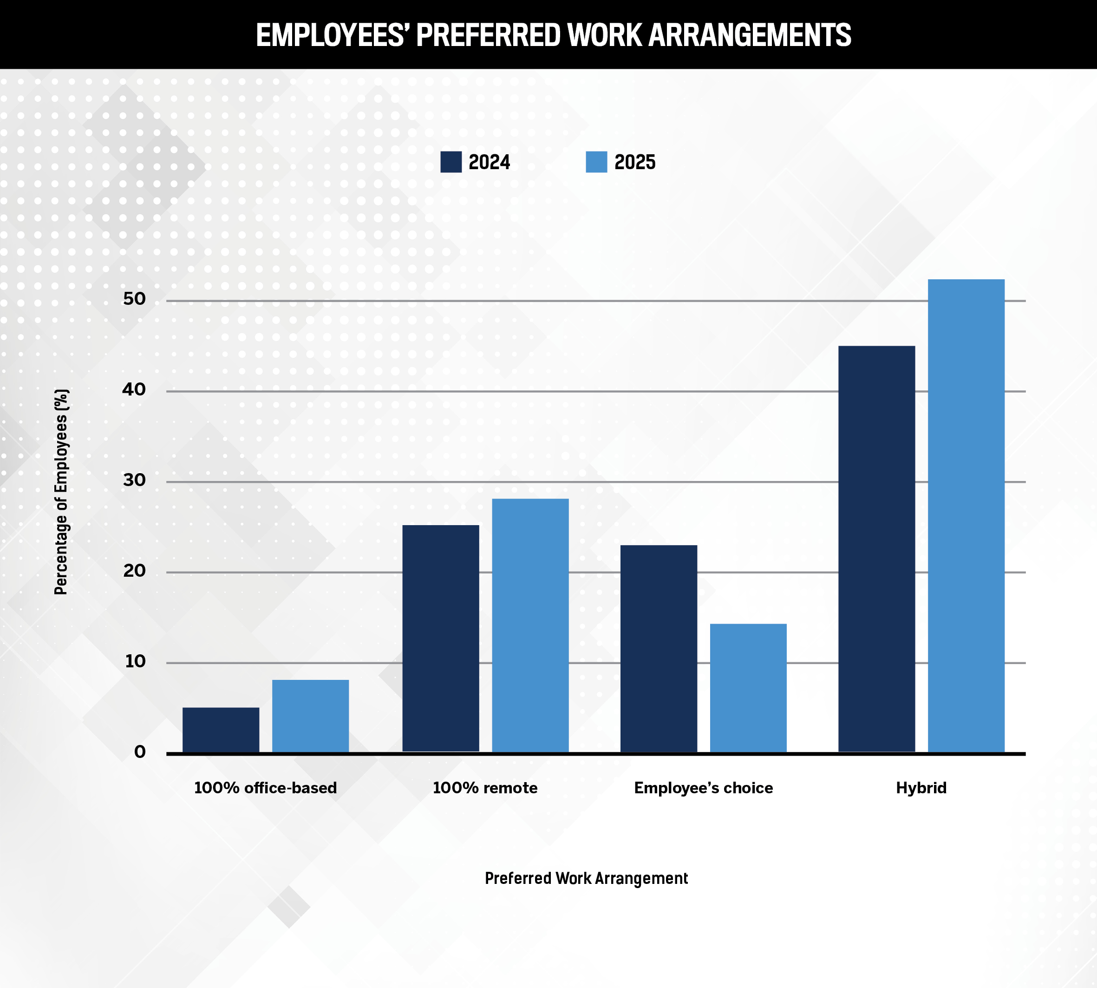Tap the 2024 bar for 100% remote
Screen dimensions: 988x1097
(441, 639)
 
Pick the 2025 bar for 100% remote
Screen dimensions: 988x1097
(530, 626)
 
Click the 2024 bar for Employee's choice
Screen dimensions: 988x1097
(659, 649)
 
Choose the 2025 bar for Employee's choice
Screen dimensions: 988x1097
(748, 688)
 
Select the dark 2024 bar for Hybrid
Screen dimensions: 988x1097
(877, 549)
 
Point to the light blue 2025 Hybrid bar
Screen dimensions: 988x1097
(966, 516)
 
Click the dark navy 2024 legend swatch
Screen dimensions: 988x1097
(451, 162)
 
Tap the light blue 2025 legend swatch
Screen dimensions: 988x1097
(596, 162)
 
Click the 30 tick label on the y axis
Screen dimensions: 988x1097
(135, 480)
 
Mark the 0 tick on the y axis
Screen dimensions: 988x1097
(140, 752)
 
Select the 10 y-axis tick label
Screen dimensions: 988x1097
(135, 661)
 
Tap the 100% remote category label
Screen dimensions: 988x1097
(485, 788)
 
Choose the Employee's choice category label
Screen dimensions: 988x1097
(703, 788)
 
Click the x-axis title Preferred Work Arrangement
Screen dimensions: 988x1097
(586, 878)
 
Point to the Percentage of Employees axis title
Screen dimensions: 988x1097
(61, 492)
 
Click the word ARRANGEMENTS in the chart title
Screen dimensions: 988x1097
(749, 35)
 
